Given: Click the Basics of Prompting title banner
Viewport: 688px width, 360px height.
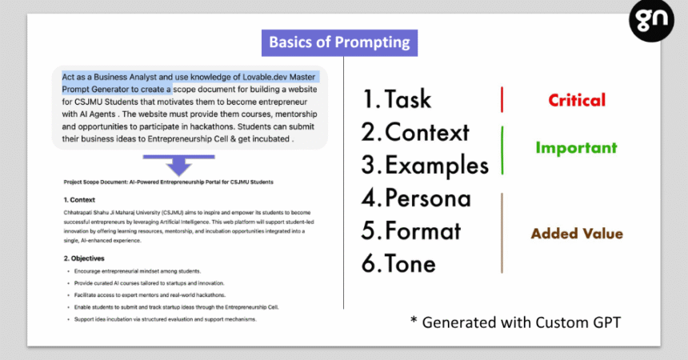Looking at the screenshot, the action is tap(339, 42).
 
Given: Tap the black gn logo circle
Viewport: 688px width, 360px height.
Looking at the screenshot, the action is tap(651, 20).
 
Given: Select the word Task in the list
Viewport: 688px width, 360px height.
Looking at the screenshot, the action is tap(408, 98).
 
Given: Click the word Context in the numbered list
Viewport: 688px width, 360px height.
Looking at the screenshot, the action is tap(427, 132).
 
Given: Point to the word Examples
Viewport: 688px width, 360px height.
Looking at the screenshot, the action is tap(437, 166).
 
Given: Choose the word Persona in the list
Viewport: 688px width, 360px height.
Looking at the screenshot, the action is tap(428, 198).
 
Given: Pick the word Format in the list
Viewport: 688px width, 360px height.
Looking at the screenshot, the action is tap(422, 231).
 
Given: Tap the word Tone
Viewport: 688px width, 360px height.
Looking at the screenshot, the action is tap(410, 264).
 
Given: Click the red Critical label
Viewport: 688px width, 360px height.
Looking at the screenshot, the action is tap(577, 100).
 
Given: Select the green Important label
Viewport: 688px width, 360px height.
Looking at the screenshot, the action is tap(576, 148).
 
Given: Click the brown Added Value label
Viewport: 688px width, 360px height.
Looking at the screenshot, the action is tap(577, 234).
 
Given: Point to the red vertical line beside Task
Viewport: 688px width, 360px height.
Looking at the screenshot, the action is tap(502, 100).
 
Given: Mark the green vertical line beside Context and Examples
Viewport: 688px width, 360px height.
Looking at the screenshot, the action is tap(502, 150).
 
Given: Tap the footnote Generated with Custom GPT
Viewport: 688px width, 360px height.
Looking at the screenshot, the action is tap(515, 322).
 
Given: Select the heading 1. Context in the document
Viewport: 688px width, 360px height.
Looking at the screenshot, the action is tap(79, 200).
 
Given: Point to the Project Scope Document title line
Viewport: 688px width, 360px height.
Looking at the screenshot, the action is tap(169, 182).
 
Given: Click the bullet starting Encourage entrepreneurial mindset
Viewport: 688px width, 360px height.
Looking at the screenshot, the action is tap(138, 271).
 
